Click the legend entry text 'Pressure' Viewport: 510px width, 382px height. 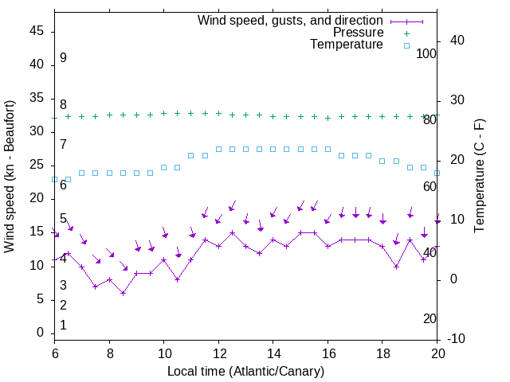tap(359, 33)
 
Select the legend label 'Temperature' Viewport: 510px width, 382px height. tap(347, 45)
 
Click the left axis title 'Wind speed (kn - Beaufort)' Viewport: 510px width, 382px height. tap(10, 177)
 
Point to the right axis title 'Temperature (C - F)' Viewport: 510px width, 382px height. tap(479, 177)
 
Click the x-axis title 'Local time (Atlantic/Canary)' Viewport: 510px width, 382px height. tap(246, 371)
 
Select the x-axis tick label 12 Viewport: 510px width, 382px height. tap(218, 353)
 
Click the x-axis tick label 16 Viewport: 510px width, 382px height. tap(328, 353)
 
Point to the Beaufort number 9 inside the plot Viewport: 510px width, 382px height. tap(63, 58)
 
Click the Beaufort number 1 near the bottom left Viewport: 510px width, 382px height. tap(63, 325)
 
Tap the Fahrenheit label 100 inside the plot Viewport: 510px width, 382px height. tap(426, 54)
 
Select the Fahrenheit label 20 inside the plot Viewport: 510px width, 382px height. tap(430, 318)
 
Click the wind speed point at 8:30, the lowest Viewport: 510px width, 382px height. tap(123, 293)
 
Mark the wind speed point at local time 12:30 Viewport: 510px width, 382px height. tap(232, 233)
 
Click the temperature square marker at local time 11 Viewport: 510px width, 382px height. tap(191, 155)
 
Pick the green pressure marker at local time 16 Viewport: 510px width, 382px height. tap(328, 118)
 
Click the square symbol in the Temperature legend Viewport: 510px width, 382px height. tap(406, 45)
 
